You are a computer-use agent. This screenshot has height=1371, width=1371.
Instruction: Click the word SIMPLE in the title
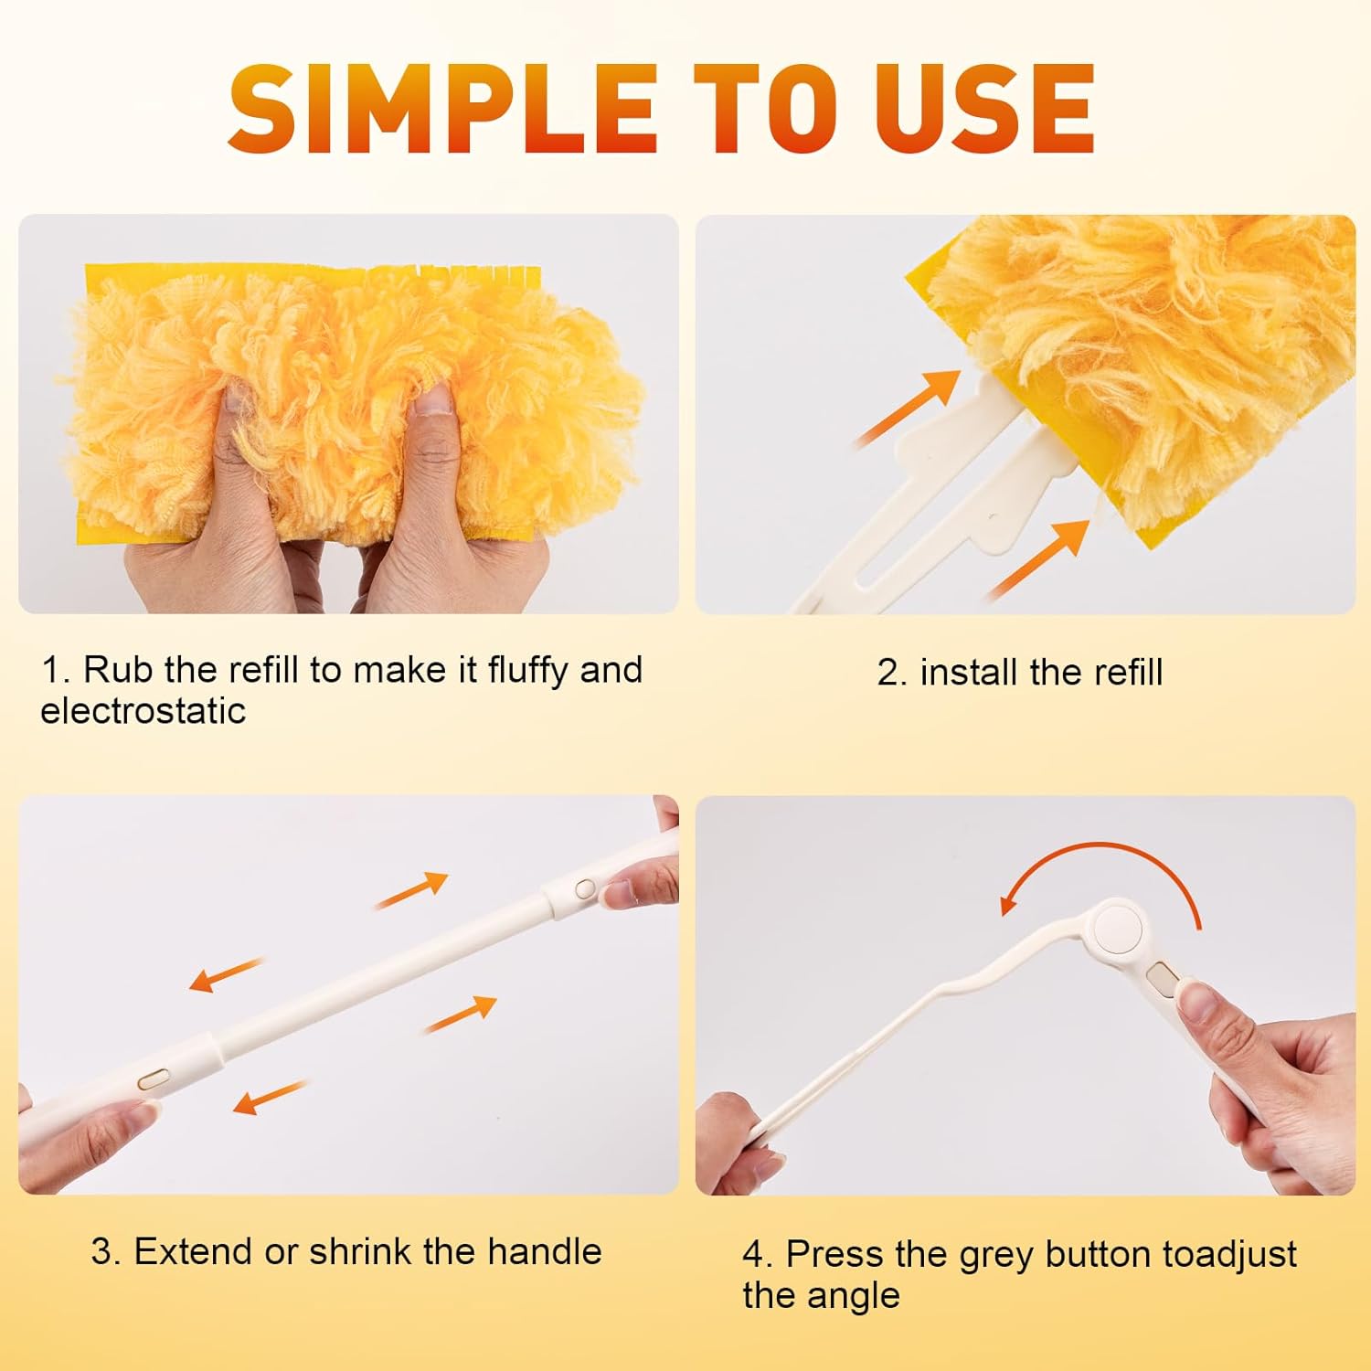pyautogui.click(x=442, y=109)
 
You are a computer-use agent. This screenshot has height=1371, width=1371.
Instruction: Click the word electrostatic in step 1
pyautogui.click(x=143, y=711)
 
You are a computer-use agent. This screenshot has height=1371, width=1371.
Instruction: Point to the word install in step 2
pyautogui.click(x=960, y=673)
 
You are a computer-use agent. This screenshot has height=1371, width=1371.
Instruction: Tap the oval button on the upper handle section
pyautogui.click(x=584, y=887)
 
